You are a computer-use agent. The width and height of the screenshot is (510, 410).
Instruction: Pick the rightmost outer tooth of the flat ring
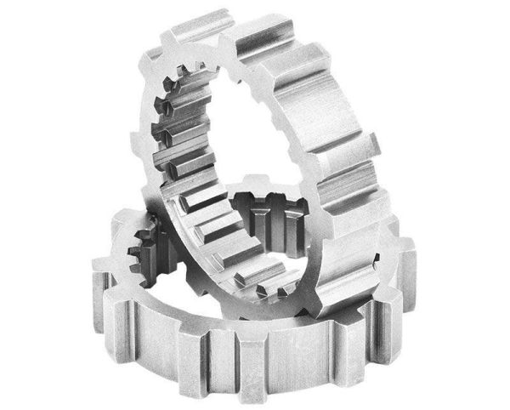406,255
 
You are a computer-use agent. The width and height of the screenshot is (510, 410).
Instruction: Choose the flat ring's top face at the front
246,327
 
